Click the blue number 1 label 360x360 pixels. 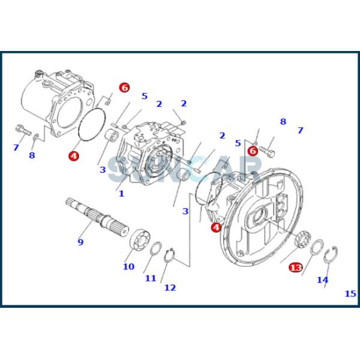click(x=121, y=194)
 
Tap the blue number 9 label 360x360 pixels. click(x=80, y=242)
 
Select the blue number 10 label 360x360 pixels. click(x=128, y=266)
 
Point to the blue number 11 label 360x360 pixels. click(x=150, y=278)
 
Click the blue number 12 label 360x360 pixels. click(x=170, y=287)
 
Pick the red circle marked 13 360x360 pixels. click(x=295, y=267)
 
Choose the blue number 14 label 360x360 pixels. click(x=323, y=280)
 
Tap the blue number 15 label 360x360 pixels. click(x=350, y=293)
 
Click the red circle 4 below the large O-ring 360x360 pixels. click(x=73, y=156)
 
